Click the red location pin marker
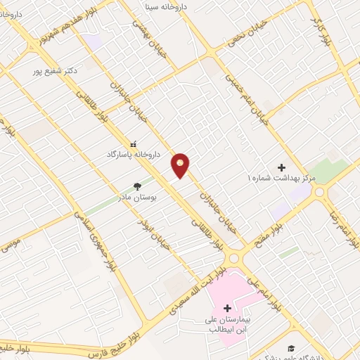(x=181, y=165)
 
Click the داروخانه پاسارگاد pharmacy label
(x=134, y=153)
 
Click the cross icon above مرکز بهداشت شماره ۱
(x=282, y=167)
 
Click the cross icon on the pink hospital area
(x=227, y=307)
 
